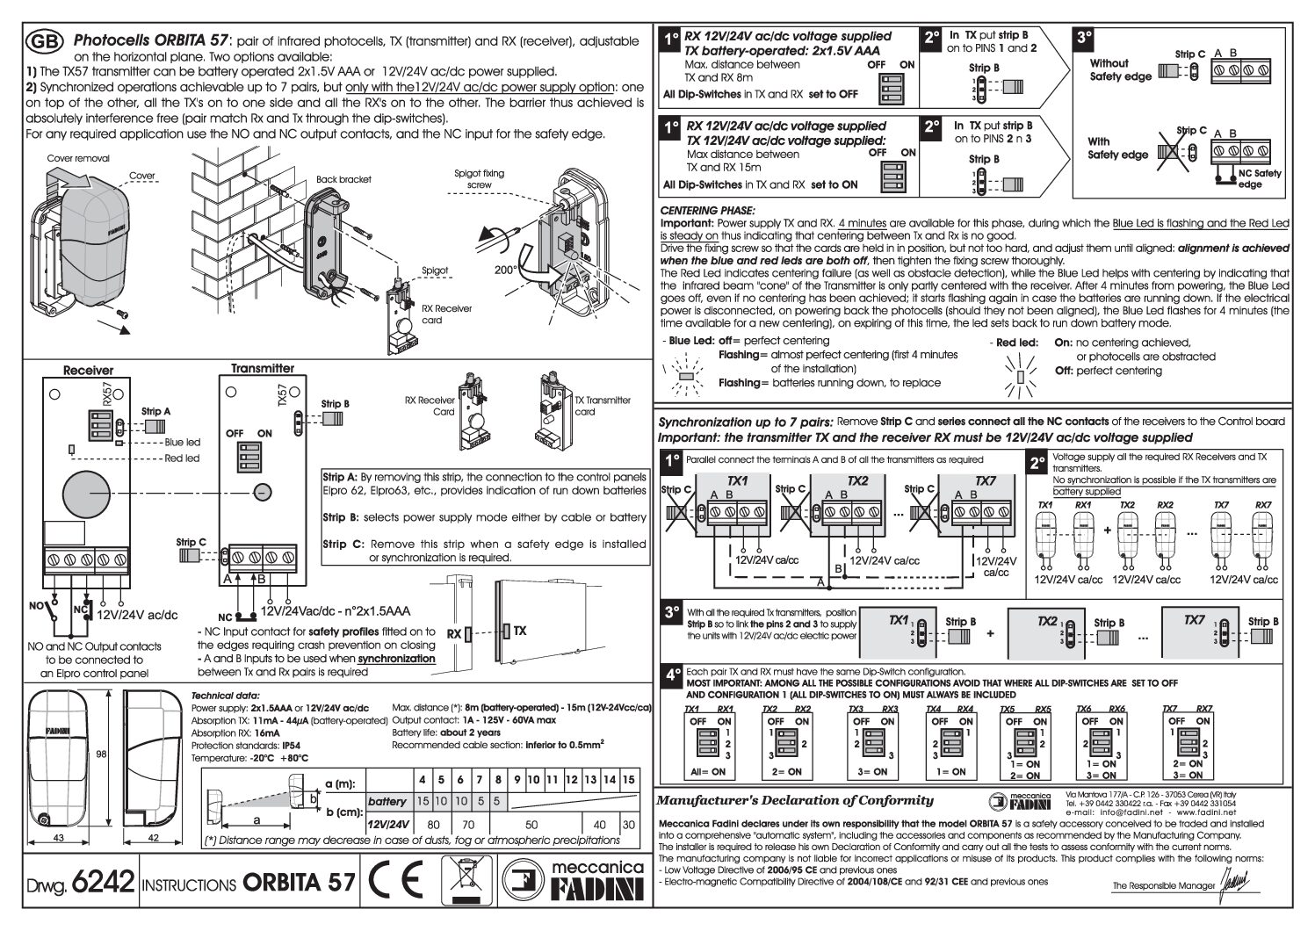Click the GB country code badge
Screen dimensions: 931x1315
44,41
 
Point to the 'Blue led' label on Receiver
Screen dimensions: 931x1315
182,443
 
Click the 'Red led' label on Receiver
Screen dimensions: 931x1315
182,458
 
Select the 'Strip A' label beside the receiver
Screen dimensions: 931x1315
155,411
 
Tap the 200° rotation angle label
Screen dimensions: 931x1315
506,271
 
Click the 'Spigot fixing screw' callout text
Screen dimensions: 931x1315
480,179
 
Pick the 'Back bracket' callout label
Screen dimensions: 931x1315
343,179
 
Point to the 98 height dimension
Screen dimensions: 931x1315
102,754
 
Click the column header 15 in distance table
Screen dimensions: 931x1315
627,780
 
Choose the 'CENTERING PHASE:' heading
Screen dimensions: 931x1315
707,211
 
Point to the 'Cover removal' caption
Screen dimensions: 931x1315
78,159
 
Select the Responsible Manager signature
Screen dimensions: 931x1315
1235,882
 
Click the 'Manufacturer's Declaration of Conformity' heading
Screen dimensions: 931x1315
795,800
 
